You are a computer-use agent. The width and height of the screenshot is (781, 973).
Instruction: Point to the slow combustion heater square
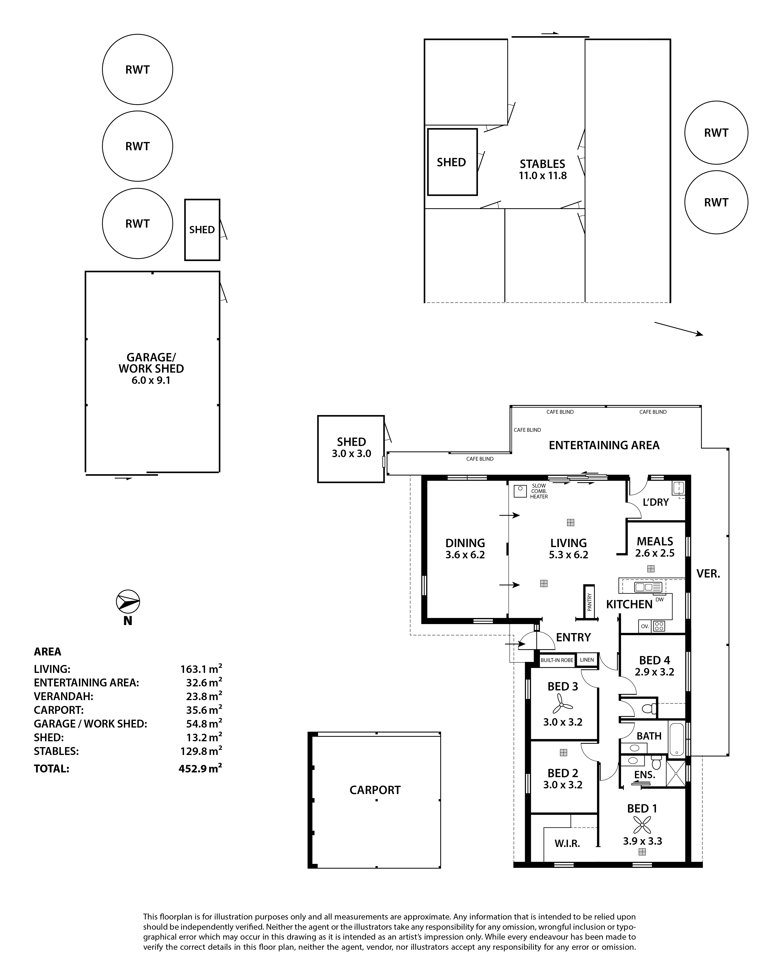click(x=521, y=491)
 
